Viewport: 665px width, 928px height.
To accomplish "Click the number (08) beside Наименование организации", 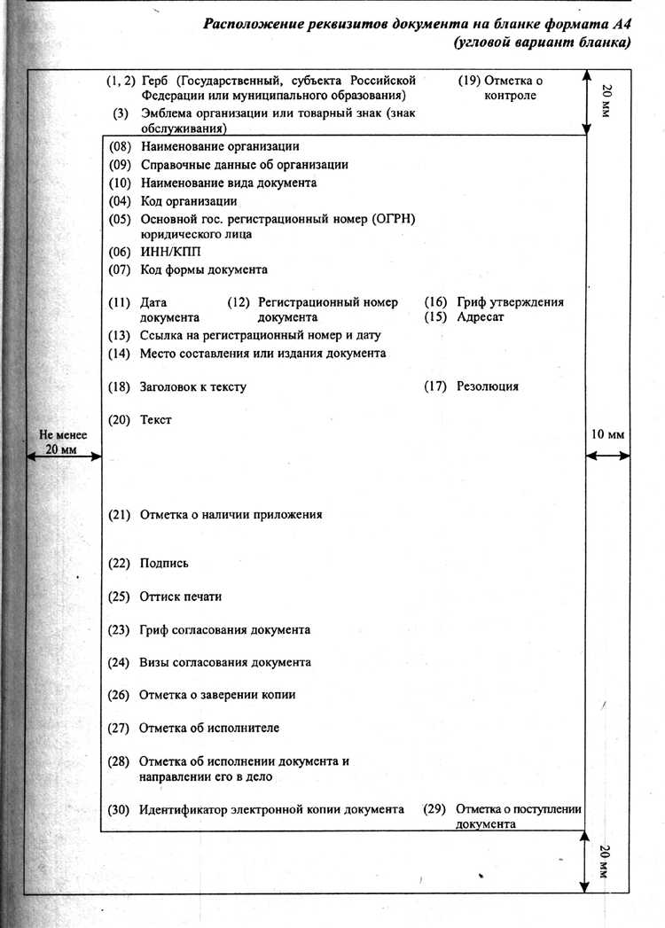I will [x=120, y=146].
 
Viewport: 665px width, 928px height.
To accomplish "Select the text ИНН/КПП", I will [x=164, y=252].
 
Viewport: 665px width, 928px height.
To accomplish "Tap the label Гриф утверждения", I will [x=510, y=302].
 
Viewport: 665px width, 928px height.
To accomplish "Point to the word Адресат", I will [x=480, y=316].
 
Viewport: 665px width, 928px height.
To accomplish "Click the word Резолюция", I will [x=488, y=386].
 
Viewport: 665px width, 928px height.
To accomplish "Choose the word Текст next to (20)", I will [x=155, y=419].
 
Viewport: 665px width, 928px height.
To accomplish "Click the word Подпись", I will [x=164, y=563].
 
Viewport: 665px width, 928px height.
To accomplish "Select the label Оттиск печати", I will [x=180, y=597].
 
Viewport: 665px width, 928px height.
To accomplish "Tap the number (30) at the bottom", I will [x=120, y=809].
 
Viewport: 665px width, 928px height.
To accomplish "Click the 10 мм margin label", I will [x=607, y=434].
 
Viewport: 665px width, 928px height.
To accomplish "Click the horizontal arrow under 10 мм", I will [x=608, y=456].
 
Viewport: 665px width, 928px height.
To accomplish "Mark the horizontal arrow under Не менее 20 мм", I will [x=61, y=458].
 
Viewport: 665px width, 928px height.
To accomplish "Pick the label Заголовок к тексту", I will [x=192, y=386].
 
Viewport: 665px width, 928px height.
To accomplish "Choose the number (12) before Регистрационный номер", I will [x=239, y=302].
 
